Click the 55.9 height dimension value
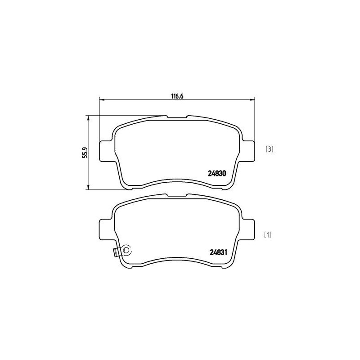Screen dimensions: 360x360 pos(84,152)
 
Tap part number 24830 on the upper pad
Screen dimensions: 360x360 pos(220,172)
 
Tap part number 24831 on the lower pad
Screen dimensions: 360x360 pos(220,252)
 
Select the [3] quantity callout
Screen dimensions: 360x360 pos(270,148)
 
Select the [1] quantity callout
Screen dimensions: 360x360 pos(267,234)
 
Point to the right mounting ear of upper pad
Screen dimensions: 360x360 pos(249,149)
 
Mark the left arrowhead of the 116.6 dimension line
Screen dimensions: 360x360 pos(101,99)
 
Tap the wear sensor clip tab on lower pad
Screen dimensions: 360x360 pos(116,252)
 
